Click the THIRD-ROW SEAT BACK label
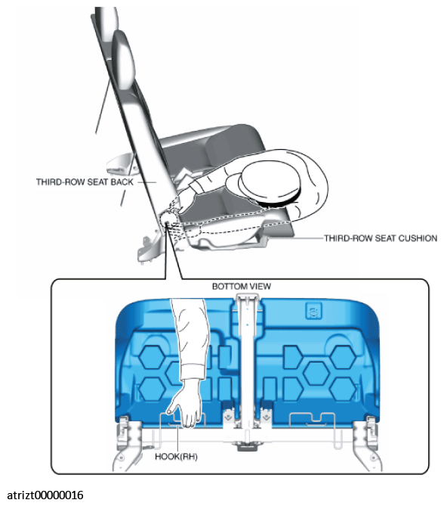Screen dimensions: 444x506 click(x=85, y=182)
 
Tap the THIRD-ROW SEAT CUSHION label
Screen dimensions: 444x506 click(x=381, y=238)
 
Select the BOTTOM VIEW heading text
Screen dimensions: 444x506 click(x=242, y=286)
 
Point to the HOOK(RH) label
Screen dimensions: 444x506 click(x=176, y=457)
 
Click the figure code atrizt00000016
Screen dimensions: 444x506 click(x=45, y=495)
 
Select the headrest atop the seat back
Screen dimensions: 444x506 click(x=123, y=59)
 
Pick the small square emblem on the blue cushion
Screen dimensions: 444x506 click(x=313, y=311)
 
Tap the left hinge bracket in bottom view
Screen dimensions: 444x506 click(x=127, y=442)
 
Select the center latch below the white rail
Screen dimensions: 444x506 click(x=247, y=446)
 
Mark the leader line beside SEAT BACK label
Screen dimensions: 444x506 click(x=147, y=182)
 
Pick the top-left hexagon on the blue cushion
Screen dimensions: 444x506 click(x=153, y=357)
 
